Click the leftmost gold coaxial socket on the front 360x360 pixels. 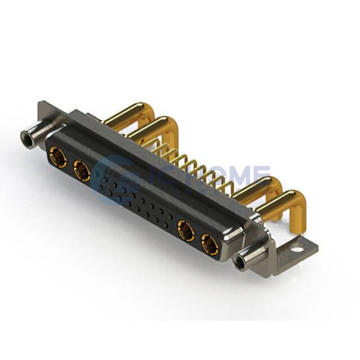point(58,157)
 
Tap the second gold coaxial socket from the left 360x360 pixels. point(82,172)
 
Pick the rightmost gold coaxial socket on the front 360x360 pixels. point(211,244)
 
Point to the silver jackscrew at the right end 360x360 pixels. point(245,261)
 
